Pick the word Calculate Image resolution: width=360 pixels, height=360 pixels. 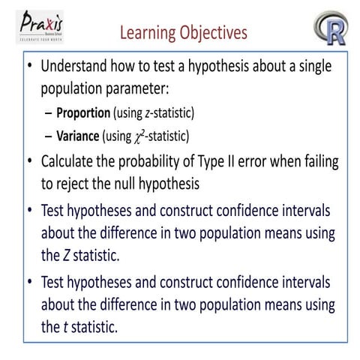point(70,161)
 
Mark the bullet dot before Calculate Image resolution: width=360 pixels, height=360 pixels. point(28,161)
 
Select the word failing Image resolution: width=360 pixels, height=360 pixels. point(315,161)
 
